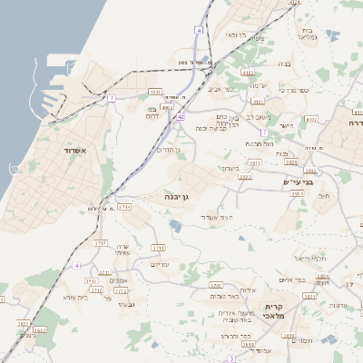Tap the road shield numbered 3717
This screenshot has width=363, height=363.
pyautogui.click(x=101, y=243)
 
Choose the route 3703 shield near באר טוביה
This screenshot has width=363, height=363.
pyautogui.click(x=215, y=285)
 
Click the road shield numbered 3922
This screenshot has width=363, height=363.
pyautogui.click(x=244, y=177)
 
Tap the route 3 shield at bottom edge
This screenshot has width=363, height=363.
pyautogui.click(x=232, y=359)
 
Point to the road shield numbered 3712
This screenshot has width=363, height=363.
pyautogui.click(x=121, y=290)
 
